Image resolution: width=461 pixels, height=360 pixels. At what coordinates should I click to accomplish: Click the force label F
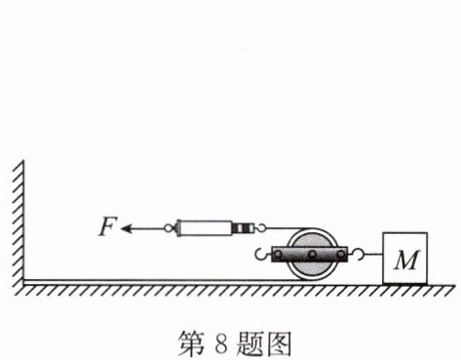coord(106,226)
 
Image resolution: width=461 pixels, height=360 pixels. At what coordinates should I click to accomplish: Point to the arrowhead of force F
coord(126,228)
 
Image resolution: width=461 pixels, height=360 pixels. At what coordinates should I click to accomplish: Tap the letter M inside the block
coord(406,260)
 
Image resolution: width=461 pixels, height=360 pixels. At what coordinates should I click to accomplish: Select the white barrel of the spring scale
coord(205,228)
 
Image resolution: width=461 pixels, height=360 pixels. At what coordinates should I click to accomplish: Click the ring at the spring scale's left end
coord(168,228)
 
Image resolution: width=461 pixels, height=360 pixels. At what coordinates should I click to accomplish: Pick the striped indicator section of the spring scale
coord(244,228)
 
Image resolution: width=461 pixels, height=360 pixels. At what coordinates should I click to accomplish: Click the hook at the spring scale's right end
coord(261,228)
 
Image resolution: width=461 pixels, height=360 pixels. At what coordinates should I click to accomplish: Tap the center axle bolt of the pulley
coord(312,255)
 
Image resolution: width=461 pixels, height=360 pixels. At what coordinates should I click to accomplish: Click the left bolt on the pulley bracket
coord(279,255)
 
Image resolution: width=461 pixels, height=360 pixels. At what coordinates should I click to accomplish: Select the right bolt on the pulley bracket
coord(341,255)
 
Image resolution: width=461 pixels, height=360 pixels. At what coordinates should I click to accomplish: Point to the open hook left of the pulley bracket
coord(261,255)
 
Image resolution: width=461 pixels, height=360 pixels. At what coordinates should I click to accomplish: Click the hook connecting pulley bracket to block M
coord(360,254)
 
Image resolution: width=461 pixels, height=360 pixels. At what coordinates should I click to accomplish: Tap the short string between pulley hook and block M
coord(373,255)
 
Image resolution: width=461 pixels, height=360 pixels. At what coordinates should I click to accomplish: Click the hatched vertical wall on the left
coord(19,224)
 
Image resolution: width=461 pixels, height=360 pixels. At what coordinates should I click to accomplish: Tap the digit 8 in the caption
coord(221,344)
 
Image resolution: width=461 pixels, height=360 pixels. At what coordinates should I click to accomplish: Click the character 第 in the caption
coord(192,343)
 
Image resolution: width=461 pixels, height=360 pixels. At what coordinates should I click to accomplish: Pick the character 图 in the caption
coord(278,343)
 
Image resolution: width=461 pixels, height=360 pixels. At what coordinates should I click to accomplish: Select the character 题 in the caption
coord(250,343)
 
